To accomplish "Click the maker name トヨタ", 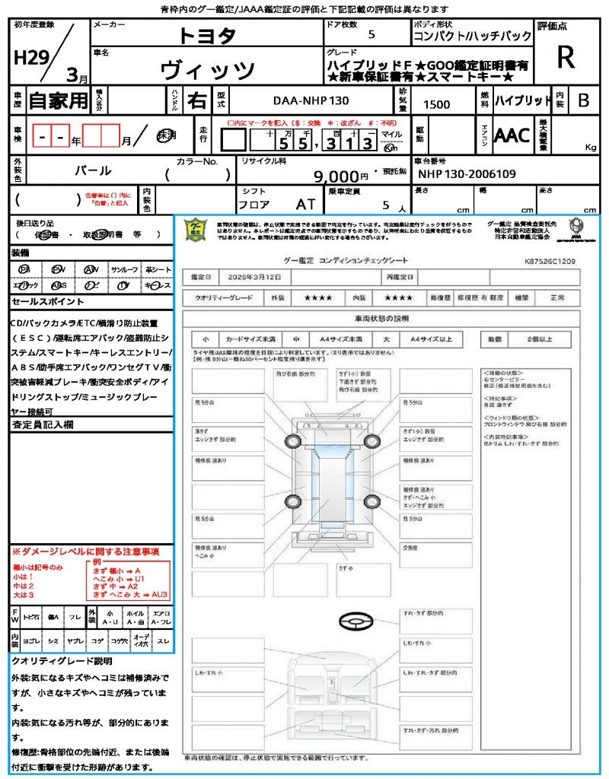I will (207, 36).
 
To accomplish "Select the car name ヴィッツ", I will (207, 70).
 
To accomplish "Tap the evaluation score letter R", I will (566, 58).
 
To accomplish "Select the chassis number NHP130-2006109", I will (467, 173).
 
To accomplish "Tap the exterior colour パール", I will (92, 170).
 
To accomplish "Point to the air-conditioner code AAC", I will (512, 135).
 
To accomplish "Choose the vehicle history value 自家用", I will (59, 100).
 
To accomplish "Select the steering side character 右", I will (196, 100).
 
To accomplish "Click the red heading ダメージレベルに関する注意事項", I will (85, 551).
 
